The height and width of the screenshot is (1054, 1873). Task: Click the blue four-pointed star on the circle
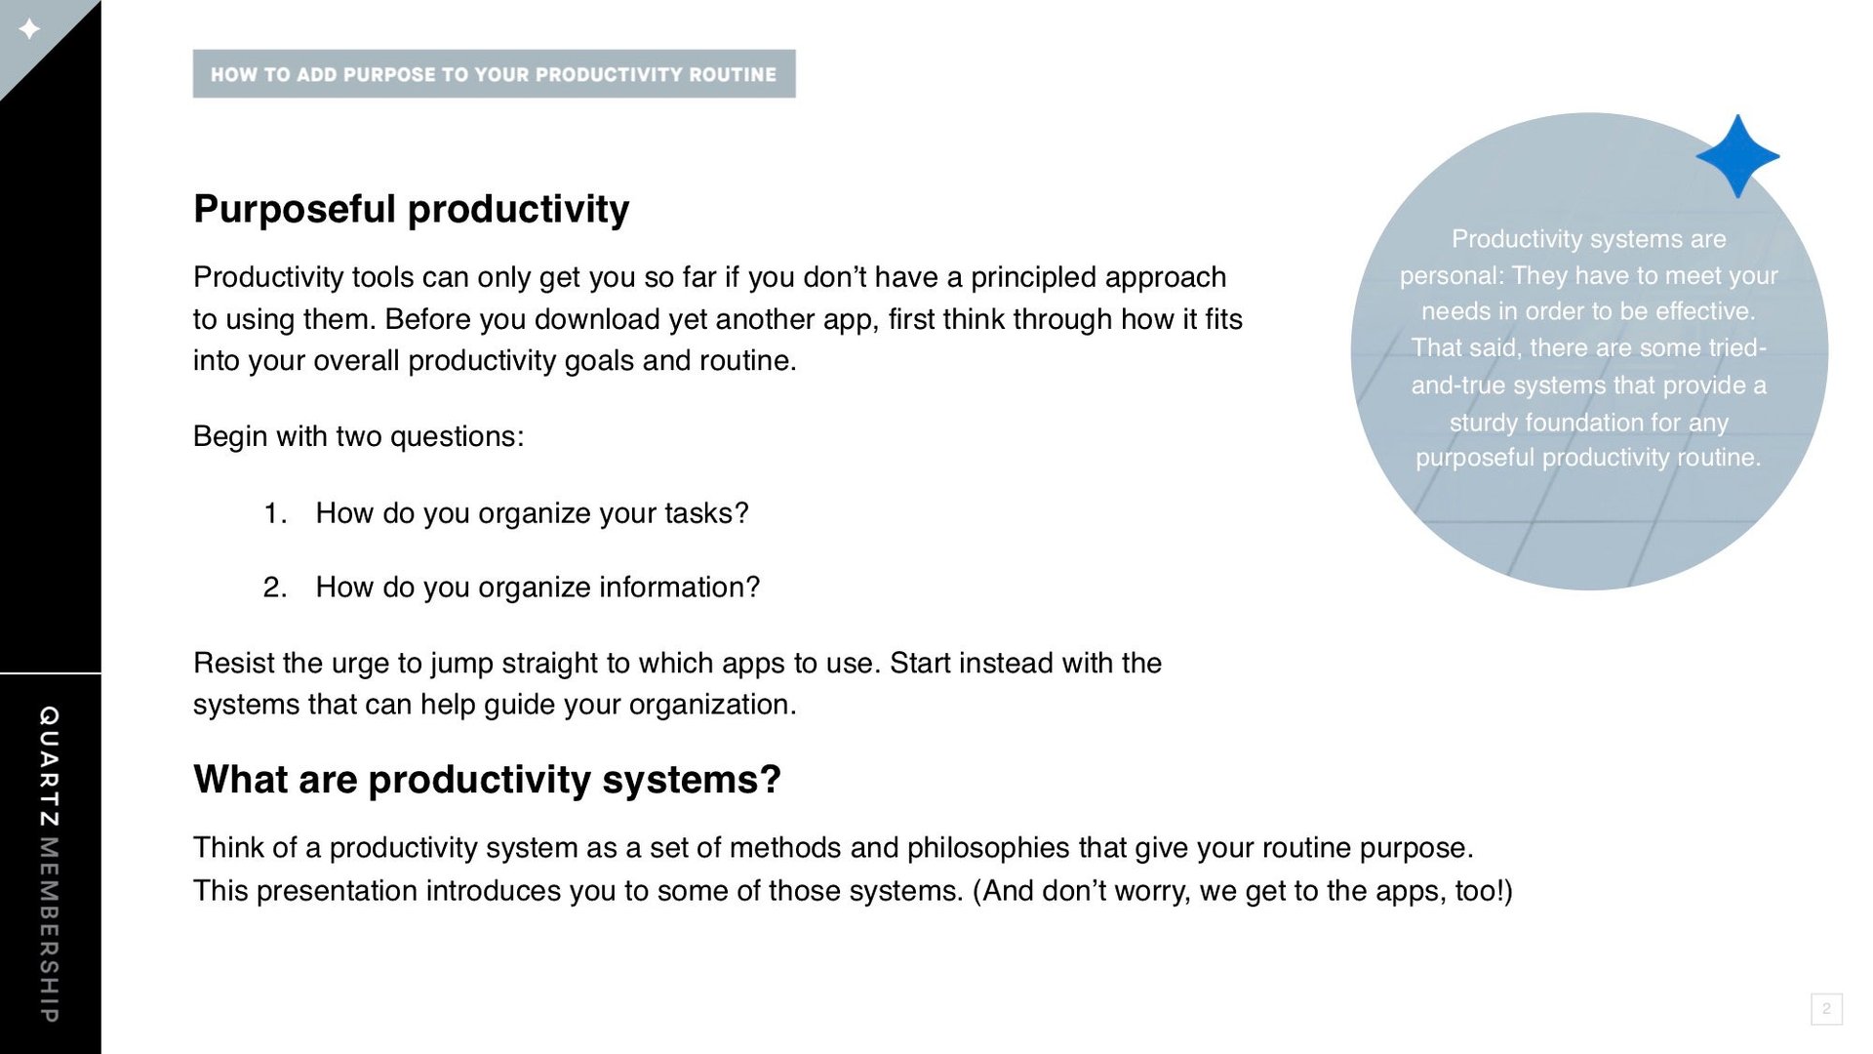pos(1737,156)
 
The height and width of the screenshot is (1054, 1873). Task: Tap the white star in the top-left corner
pos(30,29)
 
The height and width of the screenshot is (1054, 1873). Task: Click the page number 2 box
pos(1826,1009)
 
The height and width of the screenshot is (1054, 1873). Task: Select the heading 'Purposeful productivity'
pos(411,210)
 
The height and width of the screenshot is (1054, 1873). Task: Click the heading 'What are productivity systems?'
pos(487,780)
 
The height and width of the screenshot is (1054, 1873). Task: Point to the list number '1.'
pos(275,513)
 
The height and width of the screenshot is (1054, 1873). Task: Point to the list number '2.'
pos(275,588)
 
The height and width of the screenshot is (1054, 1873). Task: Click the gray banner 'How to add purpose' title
pos(494,74)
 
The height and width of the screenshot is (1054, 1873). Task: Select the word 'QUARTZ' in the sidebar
pos(49,766)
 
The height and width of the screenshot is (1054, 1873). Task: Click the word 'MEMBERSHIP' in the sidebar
pos(49,930)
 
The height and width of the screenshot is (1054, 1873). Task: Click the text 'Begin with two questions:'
pos(358,436)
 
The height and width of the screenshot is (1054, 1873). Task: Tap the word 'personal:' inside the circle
pos(1452,276)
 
